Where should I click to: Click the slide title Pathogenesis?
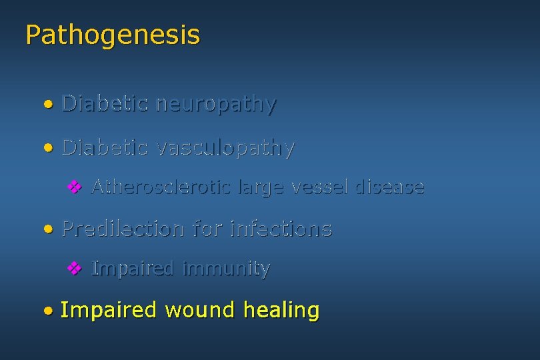(112, 35)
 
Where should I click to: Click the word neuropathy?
(215, 104)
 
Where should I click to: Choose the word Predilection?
(123, 229)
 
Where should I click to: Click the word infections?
(280, 229)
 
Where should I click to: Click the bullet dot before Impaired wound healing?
(47, 311)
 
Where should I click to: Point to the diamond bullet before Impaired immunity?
(75, 269)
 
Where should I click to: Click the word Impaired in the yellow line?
(108, 311)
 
